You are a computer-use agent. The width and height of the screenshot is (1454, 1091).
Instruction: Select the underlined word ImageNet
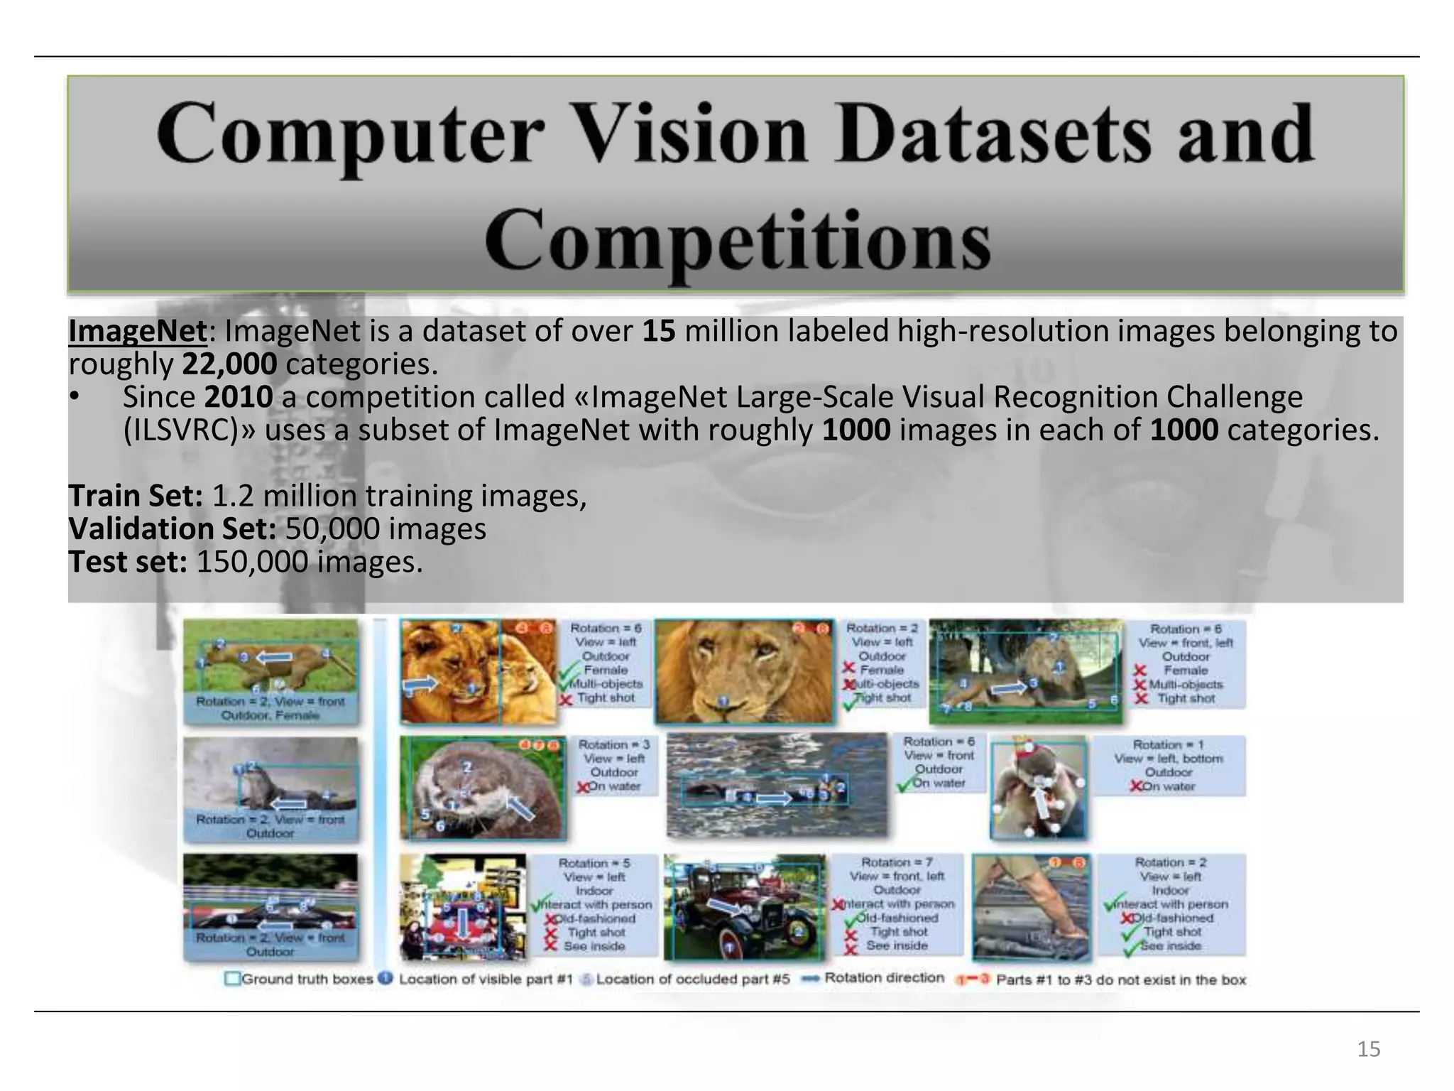(138, 331)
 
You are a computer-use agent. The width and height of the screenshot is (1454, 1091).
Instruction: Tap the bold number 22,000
(229, 364)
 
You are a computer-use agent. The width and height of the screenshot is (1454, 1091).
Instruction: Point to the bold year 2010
(238, 397)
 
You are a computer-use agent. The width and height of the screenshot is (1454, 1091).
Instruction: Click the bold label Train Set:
(136, 496)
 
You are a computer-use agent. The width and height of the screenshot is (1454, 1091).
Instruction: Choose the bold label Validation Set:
(173, 529)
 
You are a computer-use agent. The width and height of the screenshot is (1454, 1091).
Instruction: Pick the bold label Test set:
(128, 563)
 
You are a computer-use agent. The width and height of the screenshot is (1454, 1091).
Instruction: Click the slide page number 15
(1368, 1049)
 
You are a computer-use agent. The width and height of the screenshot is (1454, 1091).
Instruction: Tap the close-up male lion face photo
(743, 671)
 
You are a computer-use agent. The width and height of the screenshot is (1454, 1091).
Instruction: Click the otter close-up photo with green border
(483, 787)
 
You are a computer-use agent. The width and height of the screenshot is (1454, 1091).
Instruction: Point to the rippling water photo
(777, 785)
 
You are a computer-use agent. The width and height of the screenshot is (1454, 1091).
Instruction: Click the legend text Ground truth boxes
(307, 979)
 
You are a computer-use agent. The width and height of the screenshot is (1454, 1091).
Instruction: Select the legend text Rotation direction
(884, 978)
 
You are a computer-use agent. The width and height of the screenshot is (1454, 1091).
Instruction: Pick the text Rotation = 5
(594, 863)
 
